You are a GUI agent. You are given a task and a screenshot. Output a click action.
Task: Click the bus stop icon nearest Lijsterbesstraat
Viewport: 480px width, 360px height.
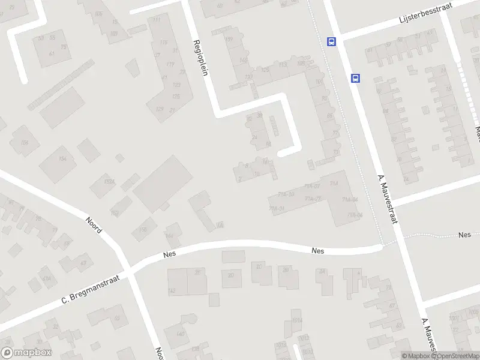331,41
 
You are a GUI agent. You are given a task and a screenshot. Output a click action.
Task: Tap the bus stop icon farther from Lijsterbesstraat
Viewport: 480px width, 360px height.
355,78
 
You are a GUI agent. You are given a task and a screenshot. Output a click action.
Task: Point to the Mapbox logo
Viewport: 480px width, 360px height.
26,353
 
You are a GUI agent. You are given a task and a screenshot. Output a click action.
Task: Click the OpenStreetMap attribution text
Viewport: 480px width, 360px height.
455,356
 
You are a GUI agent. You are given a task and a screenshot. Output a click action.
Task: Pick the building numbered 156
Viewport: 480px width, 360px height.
25,142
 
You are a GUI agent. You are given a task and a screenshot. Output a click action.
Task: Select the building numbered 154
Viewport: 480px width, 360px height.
62,158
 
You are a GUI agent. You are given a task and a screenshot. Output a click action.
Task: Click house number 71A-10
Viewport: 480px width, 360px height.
287,194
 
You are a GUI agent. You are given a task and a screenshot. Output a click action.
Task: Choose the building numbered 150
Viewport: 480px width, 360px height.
142,229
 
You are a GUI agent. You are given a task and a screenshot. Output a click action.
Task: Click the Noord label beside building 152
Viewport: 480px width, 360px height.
94,224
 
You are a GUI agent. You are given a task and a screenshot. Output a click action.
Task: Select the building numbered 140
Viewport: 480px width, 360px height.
180,334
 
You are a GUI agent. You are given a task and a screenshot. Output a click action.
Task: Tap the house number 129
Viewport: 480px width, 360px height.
159,109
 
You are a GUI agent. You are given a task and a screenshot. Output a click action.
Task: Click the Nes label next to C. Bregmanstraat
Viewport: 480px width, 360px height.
169,255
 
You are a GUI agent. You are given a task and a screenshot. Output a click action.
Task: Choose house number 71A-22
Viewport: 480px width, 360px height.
313,199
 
